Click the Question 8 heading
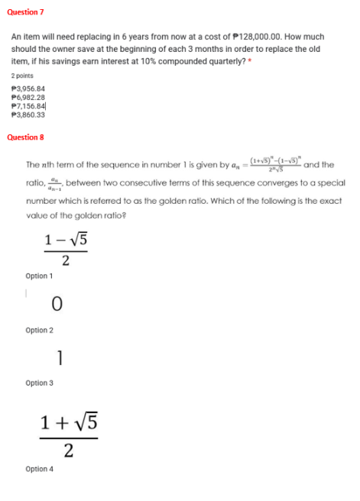[x=25, y=137]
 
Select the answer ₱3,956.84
[x=28, y=89]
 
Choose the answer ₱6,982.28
[x=28, y=98]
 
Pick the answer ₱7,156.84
[x=28, y=106]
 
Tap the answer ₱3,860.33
[x=28, y=115]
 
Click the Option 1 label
[x=39, y=276]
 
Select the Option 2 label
[x=39, y=330]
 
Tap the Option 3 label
[x=39, y=383]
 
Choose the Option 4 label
[x=39, y=468]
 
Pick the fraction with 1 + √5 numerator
[x=69, y=436]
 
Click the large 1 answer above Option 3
[x=60, y=357]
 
